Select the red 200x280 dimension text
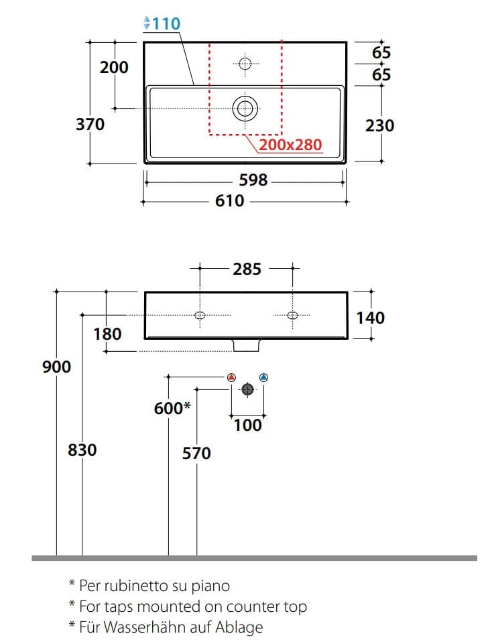tap(290, 144)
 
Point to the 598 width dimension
tap(253, 180)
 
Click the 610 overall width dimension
tap(229, 200)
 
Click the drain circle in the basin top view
tap(245, 108)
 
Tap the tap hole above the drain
tap(245, 64)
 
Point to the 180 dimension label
tap(108, 333)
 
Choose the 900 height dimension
tap(56, 367)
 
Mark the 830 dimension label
tap(82, 450)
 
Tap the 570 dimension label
tap(196, 454)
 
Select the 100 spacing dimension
tap(247, 425)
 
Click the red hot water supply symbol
tap(231, 378)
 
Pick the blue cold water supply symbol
tap(263, 378)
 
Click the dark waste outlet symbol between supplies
tap(247, 389)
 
